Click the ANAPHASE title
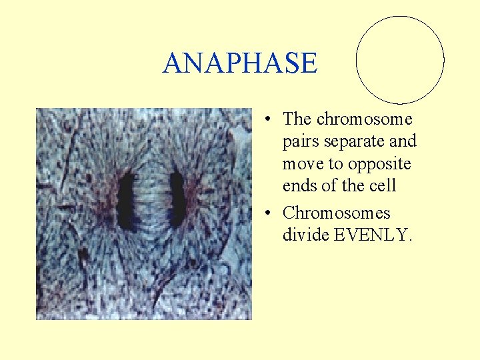click(240, 63)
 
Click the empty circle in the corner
click(400, 60)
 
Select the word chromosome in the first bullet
click(364, 119)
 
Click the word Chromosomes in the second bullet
click(337, 213)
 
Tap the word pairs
click(300, 142)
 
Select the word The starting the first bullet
click(297, 119)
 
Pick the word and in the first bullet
click(403, 141)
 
